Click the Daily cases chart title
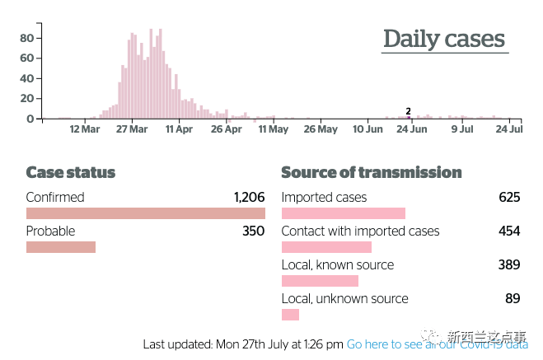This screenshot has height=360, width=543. click(x=444, y=39)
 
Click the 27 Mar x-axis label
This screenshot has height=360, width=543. click(x=132, y=129)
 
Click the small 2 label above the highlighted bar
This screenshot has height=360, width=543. click(x=408, y=110)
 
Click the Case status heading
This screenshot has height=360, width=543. click(x=71, y=173)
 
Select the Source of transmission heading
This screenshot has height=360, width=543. click(x=372, y=173)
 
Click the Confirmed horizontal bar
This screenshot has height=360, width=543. click(x=145, y=213)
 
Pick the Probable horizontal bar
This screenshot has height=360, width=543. click(x=61, y=247)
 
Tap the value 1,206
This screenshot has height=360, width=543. click(x=249, y=198)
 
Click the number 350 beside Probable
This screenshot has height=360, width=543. click(x=253, y=231)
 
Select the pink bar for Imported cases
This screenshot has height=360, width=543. click(x=344, y=213)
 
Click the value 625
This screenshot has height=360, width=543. click(x=509, y=198)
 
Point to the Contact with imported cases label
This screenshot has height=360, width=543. click(x=360, y=231)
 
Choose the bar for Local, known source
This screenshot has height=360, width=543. click(x=320, y=281)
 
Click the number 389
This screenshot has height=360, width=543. click(x=509, y=265)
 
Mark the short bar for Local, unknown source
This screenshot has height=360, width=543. click(x=290, y=315)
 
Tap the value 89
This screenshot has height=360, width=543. click(x=513, y=299)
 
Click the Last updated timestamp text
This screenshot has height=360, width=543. click(x=243, y=344)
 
